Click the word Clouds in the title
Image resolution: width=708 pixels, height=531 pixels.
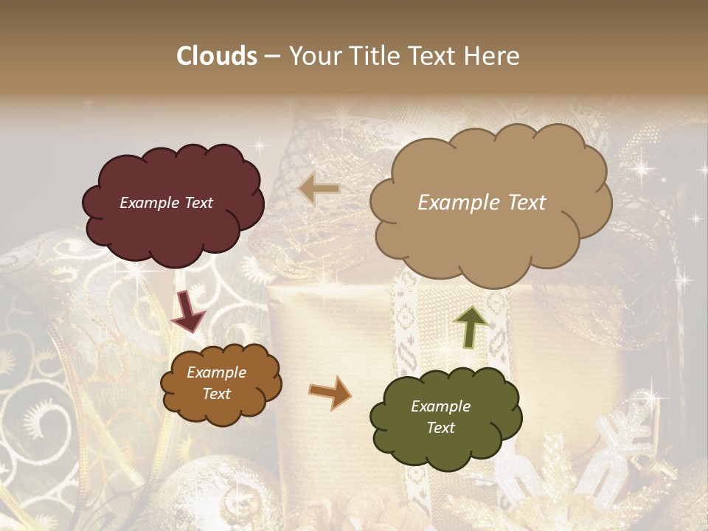(x=217, y=56)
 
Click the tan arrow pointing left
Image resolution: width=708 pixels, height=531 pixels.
(x=319, y=189)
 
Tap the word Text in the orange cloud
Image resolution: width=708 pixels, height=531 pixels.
(x=217, y=394)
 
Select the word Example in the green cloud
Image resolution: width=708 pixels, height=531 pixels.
(x=440, y=406)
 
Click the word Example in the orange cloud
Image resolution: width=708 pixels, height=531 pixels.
(x=217, y=372)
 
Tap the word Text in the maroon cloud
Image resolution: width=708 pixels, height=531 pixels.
(x=198, y=203)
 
